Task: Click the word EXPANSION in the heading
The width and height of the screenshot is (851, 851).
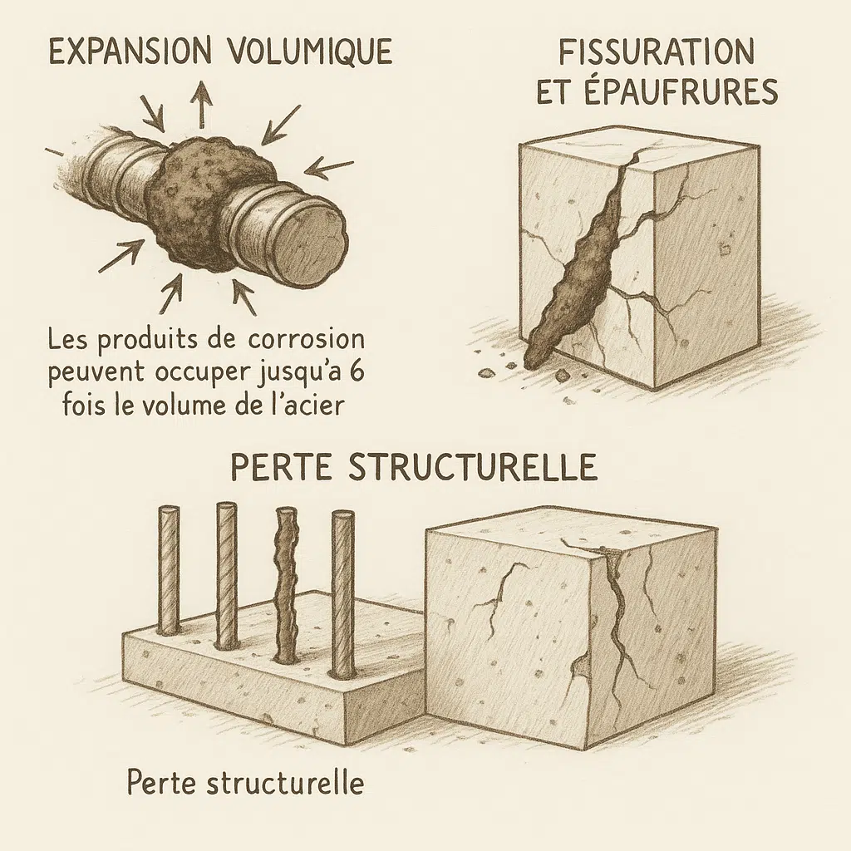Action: point(129,52)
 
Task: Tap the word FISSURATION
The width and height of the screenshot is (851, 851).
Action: point(657,52)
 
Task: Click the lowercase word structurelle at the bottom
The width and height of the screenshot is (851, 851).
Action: point(285,783)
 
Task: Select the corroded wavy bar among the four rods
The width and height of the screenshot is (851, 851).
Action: point(287,583)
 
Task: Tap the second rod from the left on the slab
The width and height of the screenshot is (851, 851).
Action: point(227,576)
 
